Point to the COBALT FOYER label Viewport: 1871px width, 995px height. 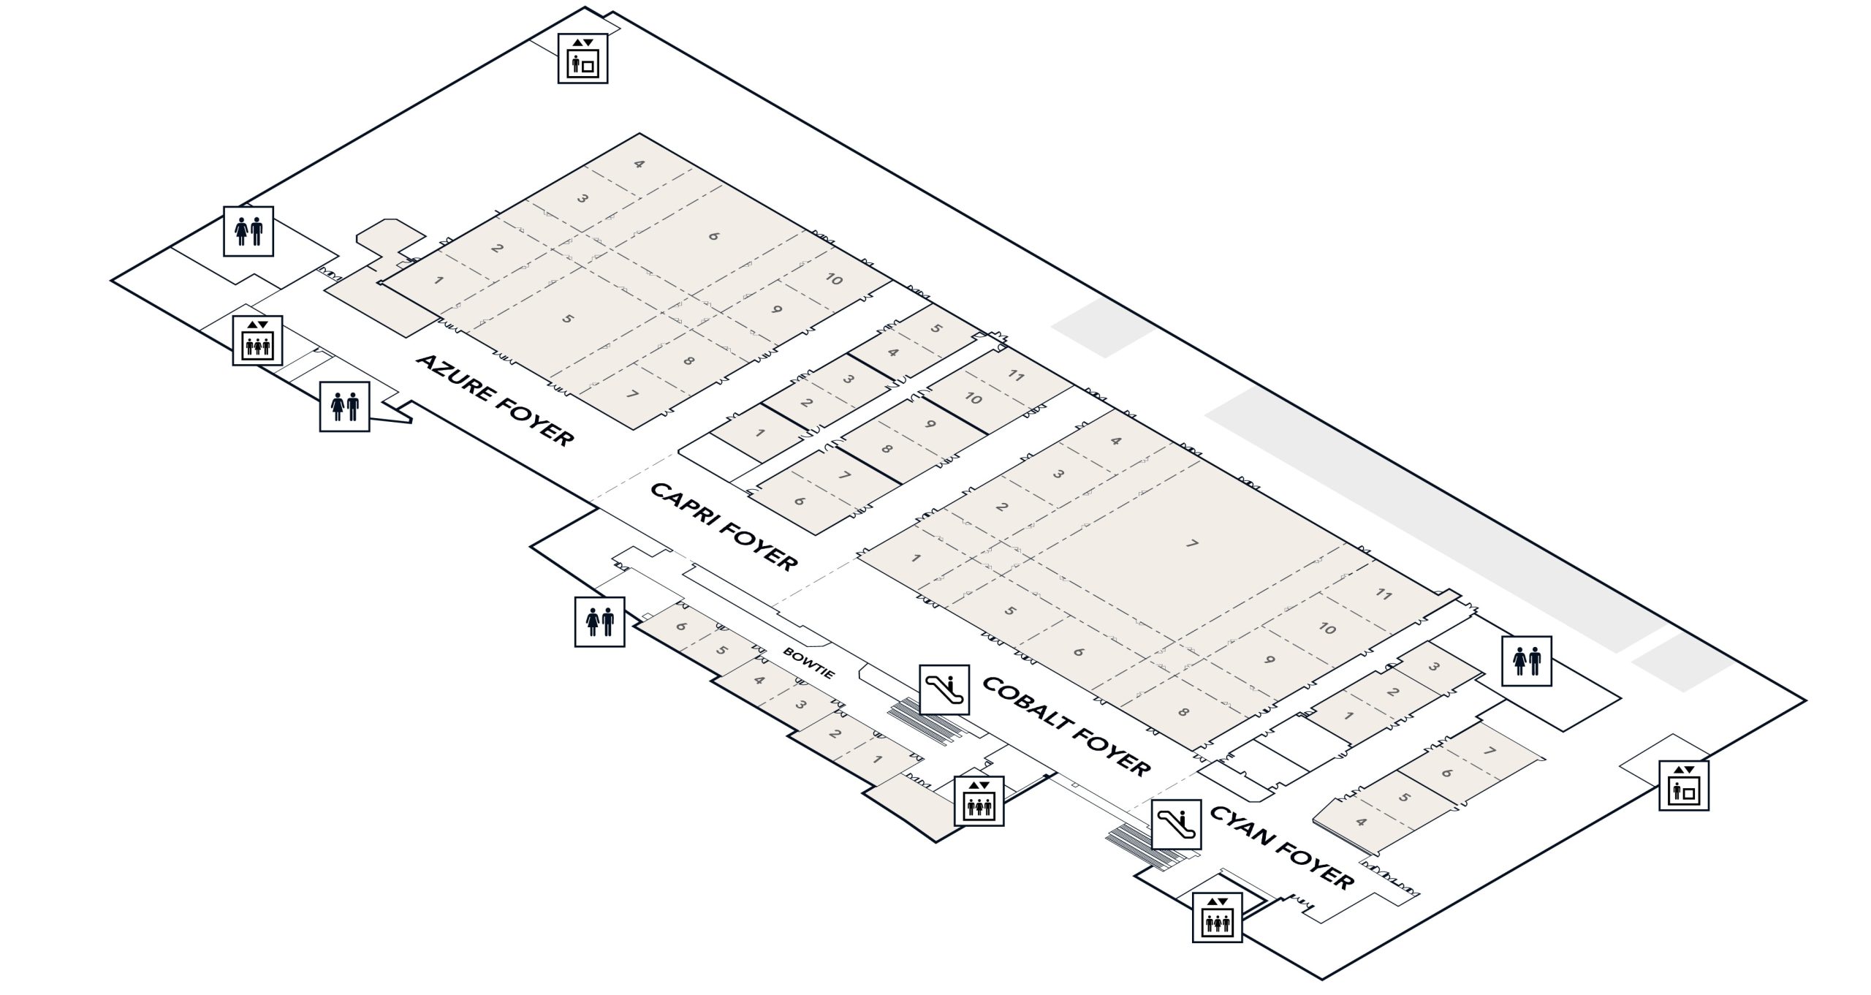click(x=1066, y=725)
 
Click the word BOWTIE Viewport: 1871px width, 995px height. click(x=808, y=662)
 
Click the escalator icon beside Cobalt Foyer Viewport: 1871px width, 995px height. click(x=944, y=689)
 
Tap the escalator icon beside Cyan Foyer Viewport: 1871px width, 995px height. click(x=1177, y=824)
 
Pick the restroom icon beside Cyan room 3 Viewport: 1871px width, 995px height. click(x=1526, y=661)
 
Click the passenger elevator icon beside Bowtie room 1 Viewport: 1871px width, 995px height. click(x=979, y=801)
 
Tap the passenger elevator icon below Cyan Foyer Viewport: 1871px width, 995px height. click(x=1217, y=918)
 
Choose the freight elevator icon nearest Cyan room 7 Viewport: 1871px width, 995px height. click(x=1683, y=786)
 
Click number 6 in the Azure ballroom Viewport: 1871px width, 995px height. click(x=713, y=236)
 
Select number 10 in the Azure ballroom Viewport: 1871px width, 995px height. click(x=834, y=279)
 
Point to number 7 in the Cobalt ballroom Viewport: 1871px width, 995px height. click(x=1192, y=544)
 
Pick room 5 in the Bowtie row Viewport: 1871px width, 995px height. click(x=721, y=650)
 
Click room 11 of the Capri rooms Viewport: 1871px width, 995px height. click(x=1016, y=376)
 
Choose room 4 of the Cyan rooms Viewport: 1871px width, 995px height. click(x=1360, y=822)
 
